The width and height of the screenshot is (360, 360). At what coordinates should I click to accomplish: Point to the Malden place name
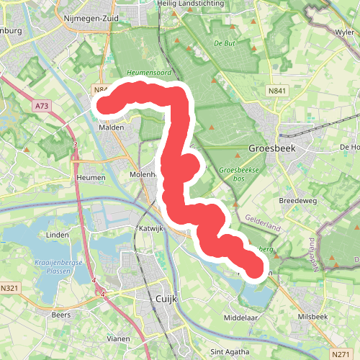tap(112, 127)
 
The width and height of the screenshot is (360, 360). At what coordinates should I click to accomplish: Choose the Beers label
tap(61, 315)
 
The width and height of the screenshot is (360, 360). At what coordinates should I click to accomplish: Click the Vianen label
tap(117, 338)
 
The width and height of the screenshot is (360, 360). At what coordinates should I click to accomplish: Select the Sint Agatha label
tap(226, 352)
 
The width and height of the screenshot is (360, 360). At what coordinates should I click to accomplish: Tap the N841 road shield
tap(276, 91)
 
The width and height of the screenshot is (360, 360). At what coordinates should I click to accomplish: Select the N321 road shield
tap(9, 288)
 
